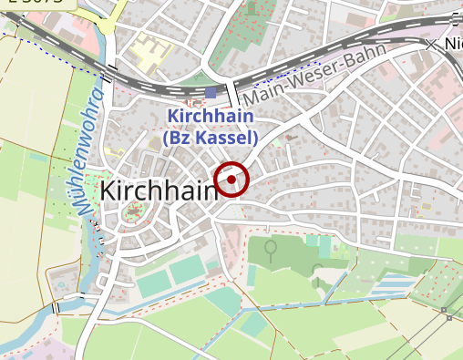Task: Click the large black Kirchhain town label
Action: (159, 190)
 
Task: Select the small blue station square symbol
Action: (211, 93)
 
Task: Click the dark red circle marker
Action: (231, 180)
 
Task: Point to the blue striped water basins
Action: (392, 290)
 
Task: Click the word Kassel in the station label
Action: (229, 139)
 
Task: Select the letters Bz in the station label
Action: (179, 139)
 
